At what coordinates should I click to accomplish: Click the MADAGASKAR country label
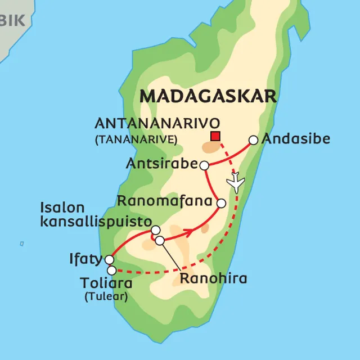pyautogui.click(x=208, y=96)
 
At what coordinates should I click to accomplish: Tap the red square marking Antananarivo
pyautogui.click(x=215, y=136)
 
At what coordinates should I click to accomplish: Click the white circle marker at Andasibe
pyautogui.click(x=253, y=140)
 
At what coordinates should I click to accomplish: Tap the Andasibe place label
pyautogui.click(x=296, y=139)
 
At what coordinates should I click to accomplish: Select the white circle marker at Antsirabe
pyautogui.click(x=205, y=165)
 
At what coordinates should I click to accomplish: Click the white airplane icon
pyautogui.click(x=235, y=183)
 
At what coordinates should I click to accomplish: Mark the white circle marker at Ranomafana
pyautogui.click(x=221, y=203)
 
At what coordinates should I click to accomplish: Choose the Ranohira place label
pyautogui.click(x=213, y=278)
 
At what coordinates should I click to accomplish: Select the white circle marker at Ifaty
pyautogui.click(x=109, y=260)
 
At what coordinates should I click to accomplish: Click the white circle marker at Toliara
pyautogui.click(x=111, y=271)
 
